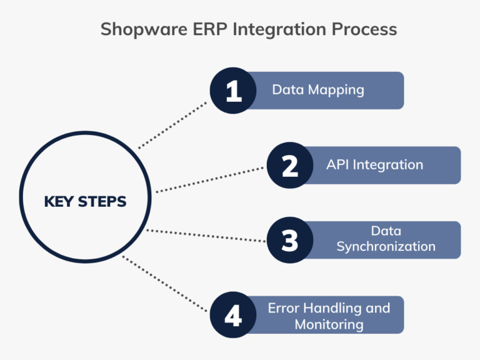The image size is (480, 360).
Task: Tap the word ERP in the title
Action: (x=199, y=29)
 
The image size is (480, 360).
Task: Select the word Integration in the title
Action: (x=270, y=29)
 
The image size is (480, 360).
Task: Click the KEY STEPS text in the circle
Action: (x=85, y=202)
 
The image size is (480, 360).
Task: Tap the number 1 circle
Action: (x=233, y=91)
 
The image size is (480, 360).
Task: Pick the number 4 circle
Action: (x=233, y=316)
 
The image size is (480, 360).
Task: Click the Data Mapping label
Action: (x=317, y=89)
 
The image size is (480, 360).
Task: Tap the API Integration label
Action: (x=374, y=165)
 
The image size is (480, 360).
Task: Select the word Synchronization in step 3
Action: (x=386, y=246)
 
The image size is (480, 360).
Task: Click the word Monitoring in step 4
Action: (x=329, y=324)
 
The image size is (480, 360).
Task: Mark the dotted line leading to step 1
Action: (x=173, y=124)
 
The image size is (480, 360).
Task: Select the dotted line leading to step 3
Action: (x=206, y=235)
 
